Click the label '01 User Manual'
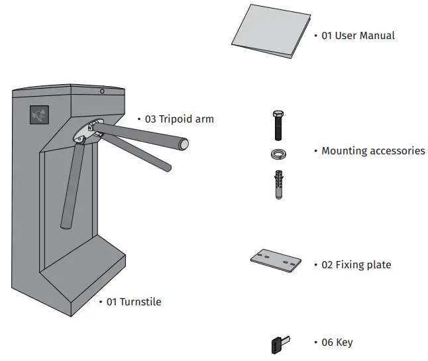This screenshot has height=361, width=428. coord(358,35)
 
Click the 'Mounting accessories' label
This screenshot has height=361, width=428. coord(373,151)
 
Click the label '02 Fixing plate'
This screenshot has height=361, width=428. coord(356,265)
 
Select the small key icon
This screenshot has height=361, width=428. coord(278,344)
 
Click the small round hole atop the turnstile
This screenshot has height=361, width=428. coord(101,91)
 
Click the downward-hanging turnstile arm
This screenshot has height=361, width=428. coord(70,185)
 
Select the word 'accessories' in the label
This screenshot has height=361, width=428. coord(396,151)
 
